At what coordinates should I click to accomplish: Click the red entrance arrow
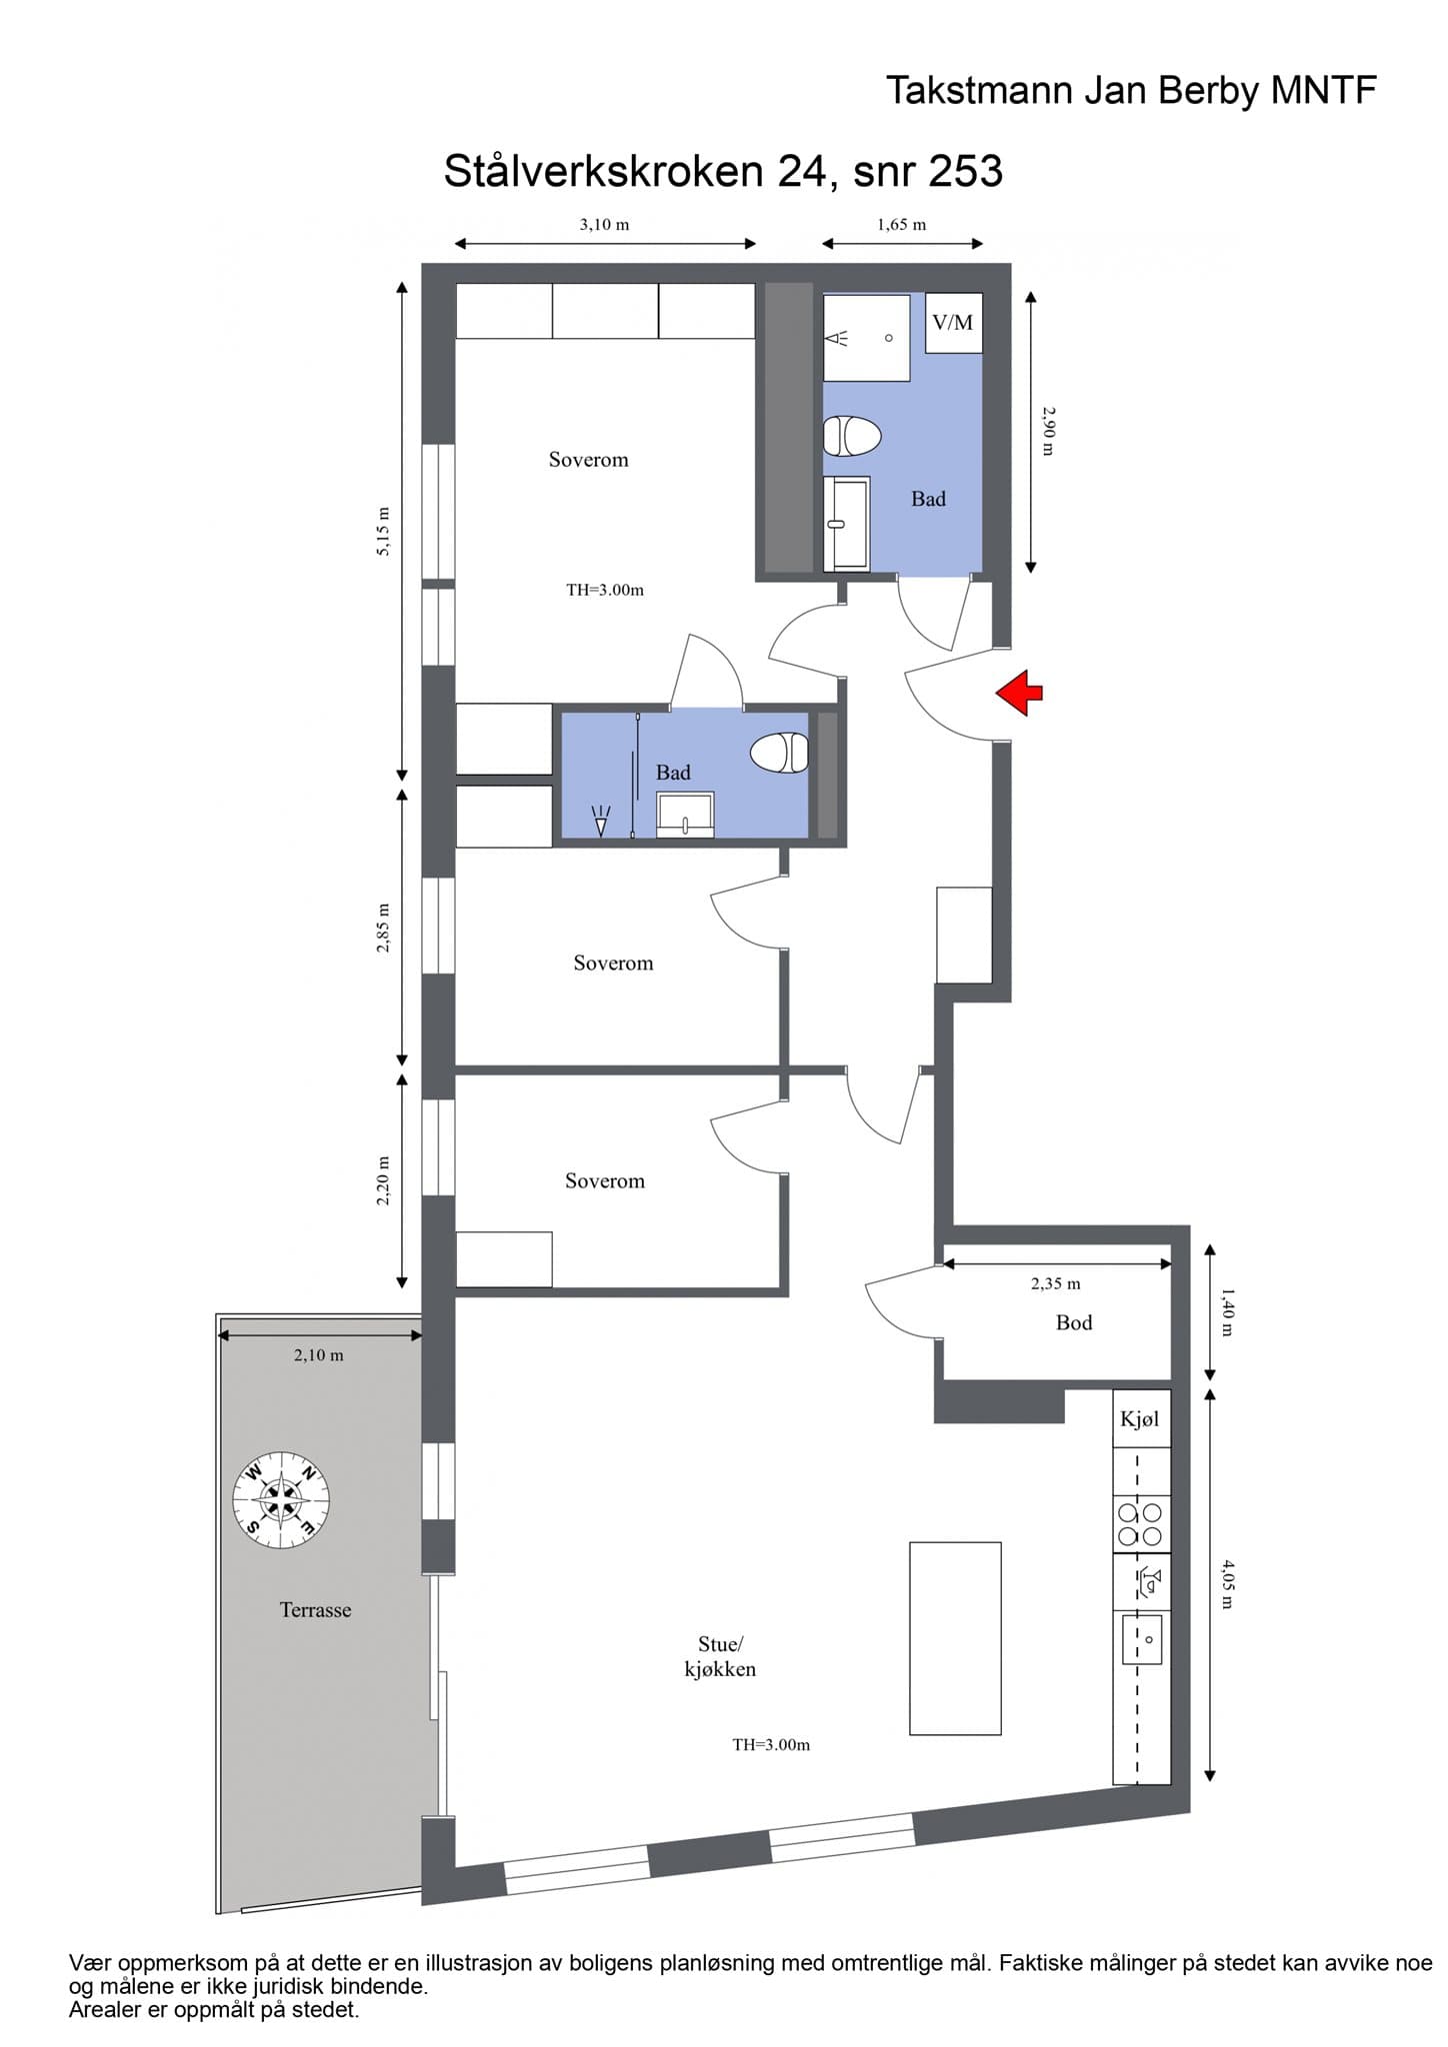pos(1019,693)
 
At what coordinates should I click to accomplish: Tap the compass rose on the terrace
pos(281,1499)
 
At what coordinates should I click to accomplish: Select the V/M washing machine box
pos(953,323)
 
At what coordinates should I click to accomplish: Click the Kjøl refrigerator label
pos(1140,1418)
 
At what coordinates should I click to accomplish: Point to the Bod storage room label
pos(1074,1322)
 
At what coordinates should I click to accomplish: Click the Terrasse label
pos(315,1610)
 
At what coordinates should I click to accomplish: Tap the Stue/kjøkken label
pos(720,1656)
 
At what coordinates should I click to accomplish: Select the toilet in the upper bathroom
pos(852,437)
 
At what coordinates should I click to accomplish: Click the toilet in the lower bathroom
pos(779,753)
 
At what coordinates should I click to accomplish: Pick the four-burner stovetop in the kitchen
pos(1140,1524)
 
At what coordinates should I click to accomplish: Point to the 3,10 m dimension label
pos(605,225)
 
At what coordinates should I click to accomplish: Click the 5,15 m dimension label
pos(383,532)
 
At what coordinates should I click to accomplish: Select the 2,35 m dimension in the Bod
pos(1056,1283)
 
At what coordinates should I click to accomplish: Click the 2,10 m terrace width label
pos(318,1355)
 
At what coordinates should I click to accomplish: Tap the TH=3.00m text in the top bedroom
pos(605,590)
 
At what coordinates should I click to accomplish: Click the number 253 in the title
pos(965,171)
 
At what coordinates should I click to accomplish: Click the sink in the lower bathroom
pos(685,814)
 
